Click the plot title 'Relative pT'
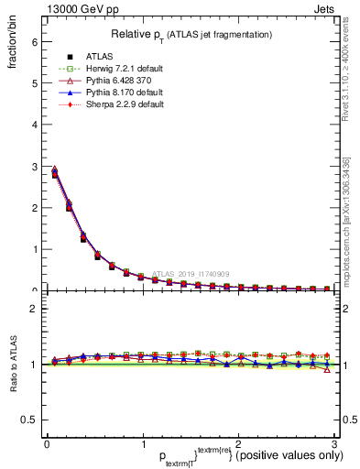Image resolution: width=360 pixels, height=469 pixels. tap(191, 34)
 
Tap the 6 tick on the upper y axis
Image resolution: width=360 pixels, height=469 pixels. tap(34, 41)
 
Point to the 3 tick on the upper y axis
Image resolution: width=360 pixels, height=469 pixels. tap(34, 166)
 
